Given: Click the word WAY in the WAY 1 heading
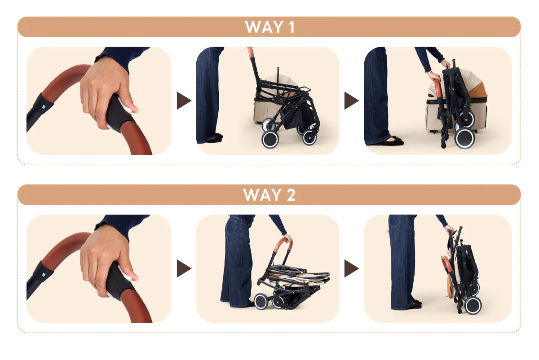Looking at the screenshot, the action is (x=264, y=27).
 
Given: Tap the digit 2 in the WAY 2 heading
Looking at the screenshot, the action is (x=291, y=195).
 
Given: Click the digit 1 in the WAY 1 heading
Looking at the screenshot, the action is (x=292, y=27).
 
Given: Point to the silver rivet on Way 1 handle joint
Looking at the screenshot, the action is (x=44, y=106).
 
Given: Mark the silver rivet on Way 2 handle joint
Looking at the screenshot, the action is (x=44, y=274).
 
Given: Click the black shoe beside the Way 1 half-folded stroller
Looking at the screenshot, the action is (x=215, y=139).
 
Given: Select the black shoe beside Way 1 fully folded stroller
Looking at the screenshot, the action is (x=392, y=142).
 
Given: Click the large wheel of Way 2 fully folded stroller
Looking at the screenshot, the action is (x=473, y=305).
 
